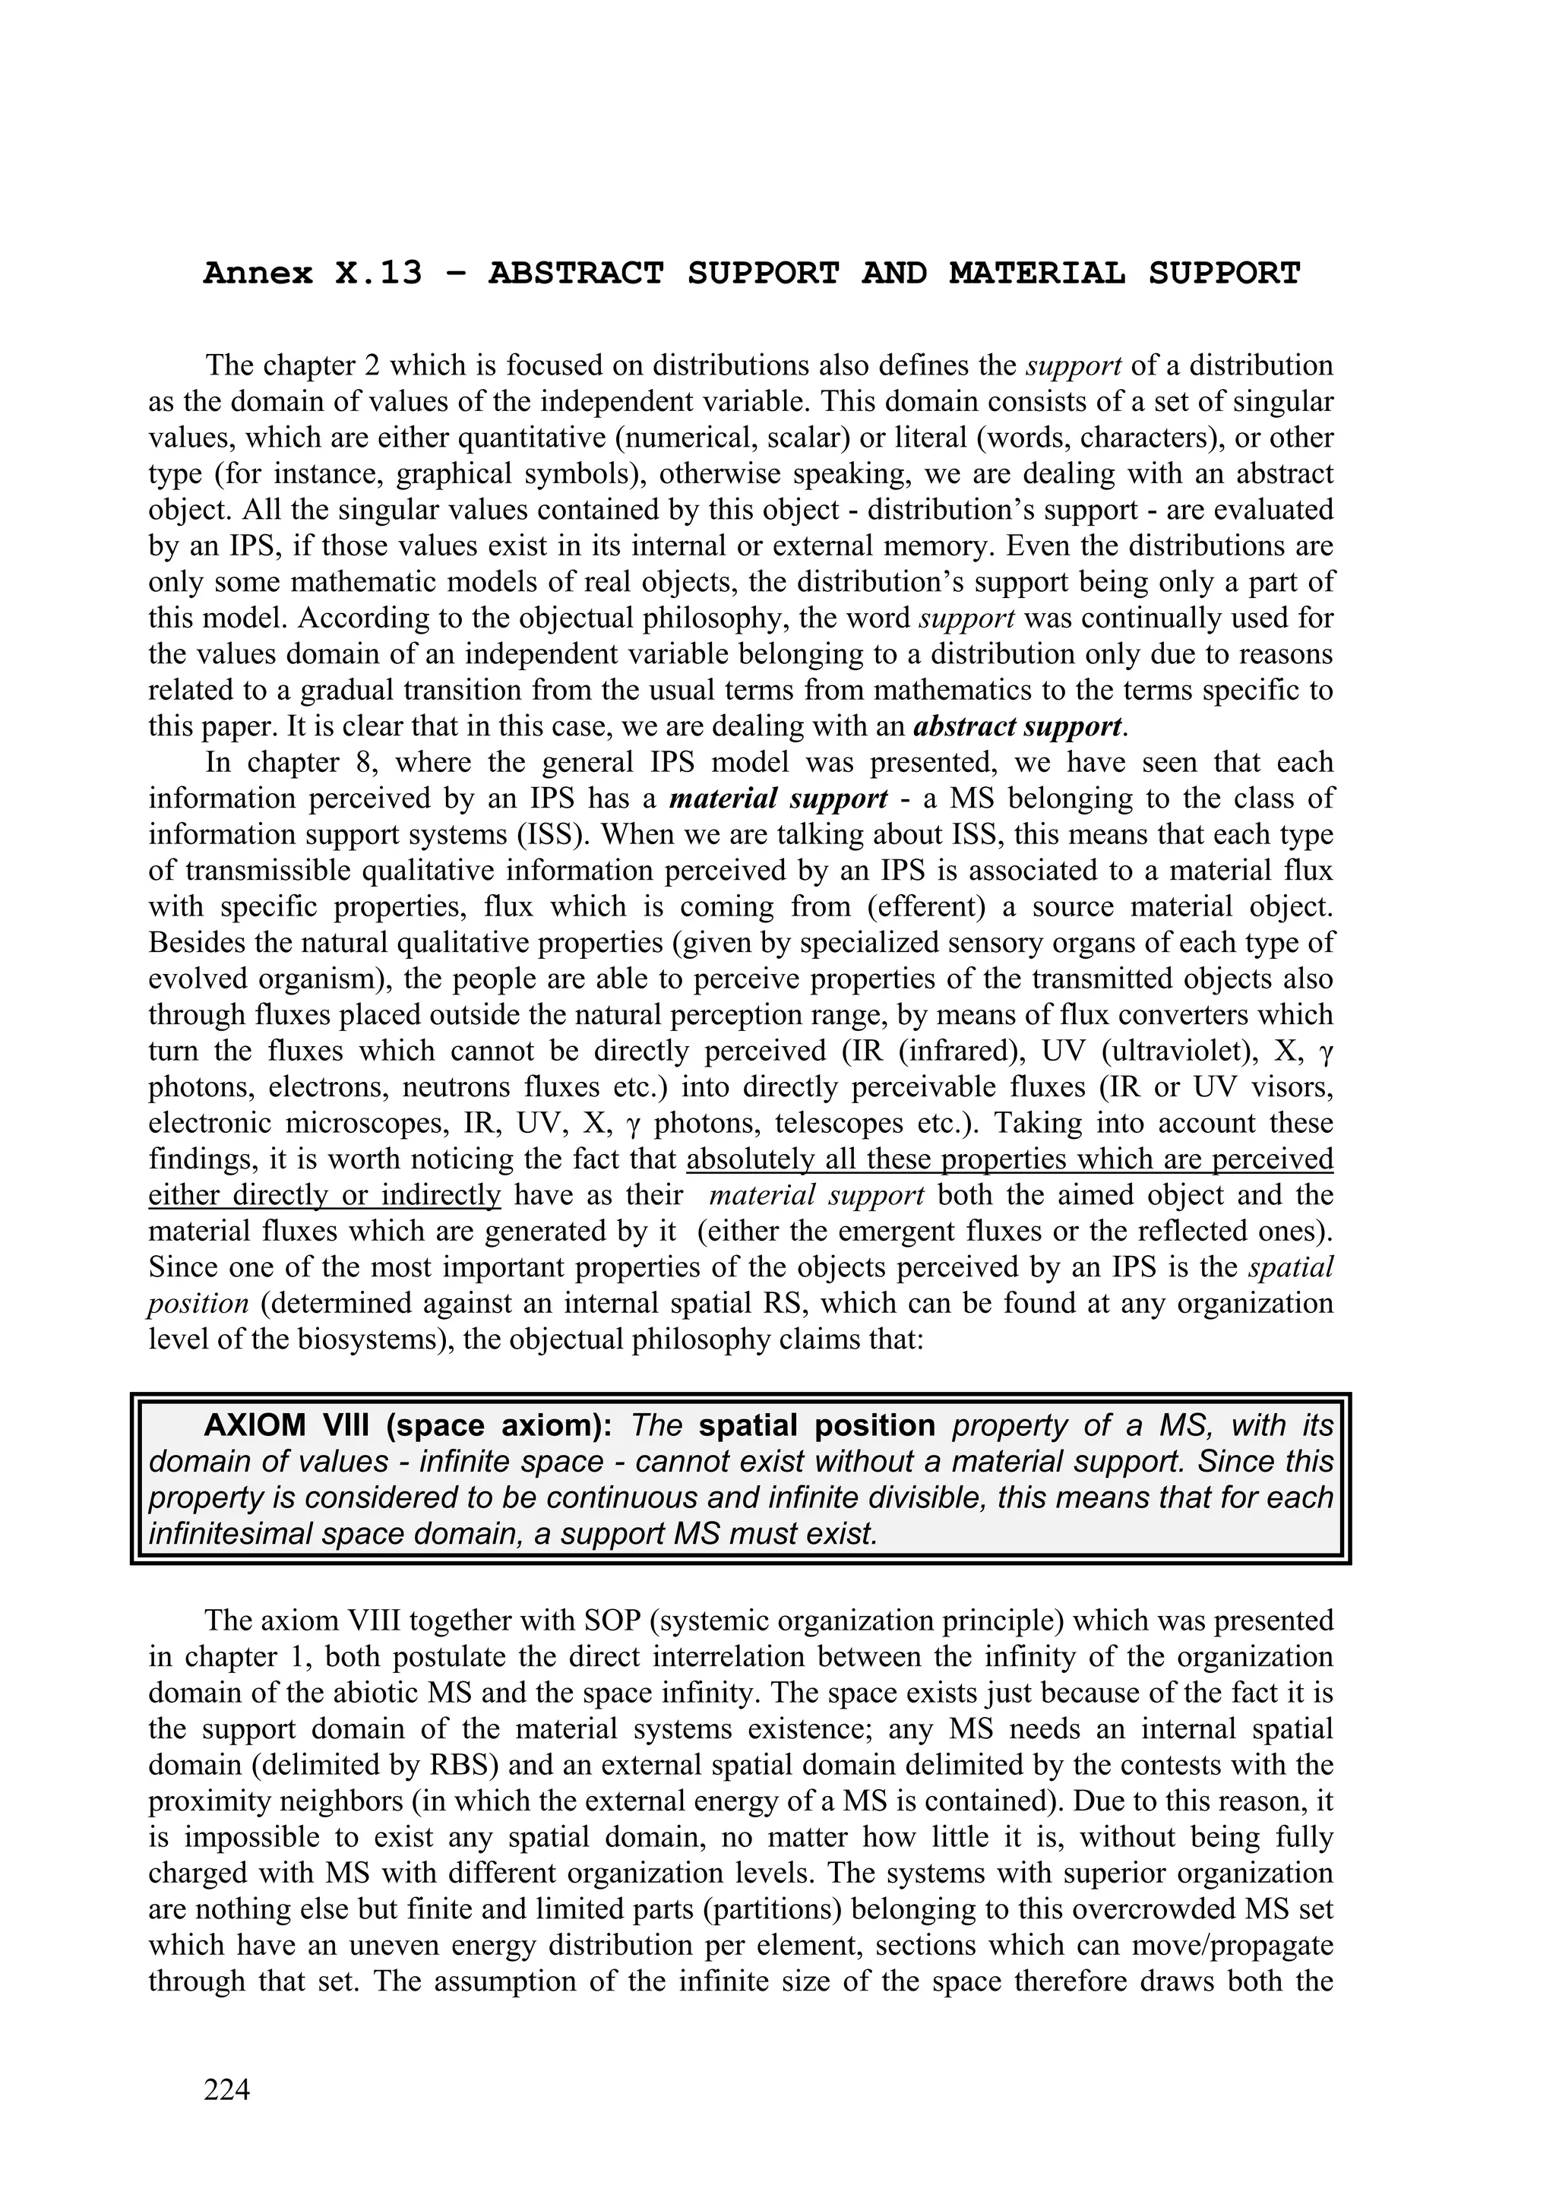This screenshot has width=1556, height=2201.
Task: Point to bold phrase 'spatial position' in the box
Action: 817,1425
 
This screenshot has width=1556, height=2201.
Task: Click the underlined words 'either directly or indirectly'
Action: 325,1195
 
